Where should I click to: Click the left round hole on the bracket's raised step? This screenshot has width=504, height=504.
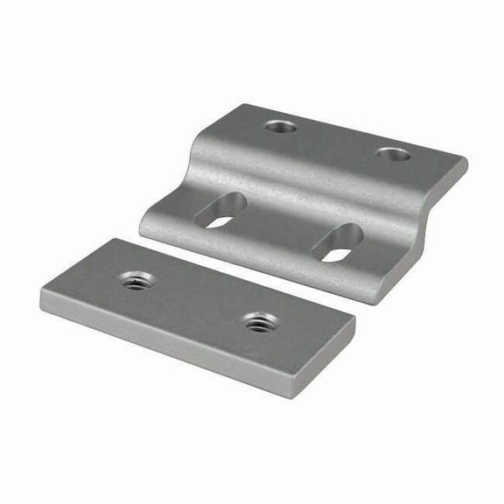(281, 127)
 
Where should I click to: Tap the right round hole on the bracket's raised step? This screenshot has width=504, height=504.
(393, 154)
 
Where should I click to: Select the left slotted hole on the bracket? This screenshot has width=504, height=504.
(220, 211)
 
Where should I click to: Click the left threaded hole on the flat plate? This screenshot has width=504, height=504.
(136, 281)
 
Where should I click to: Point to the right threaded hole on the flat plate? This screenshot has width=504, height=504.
(259, 322)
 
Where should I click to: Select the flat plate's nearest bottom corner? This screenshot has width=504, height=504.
(288, 395)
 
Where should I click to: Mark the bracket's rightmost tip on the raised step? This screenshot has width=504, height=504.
(466, 163)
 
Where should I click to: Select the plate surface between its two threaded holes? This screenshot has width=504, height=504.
(198, 302)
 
